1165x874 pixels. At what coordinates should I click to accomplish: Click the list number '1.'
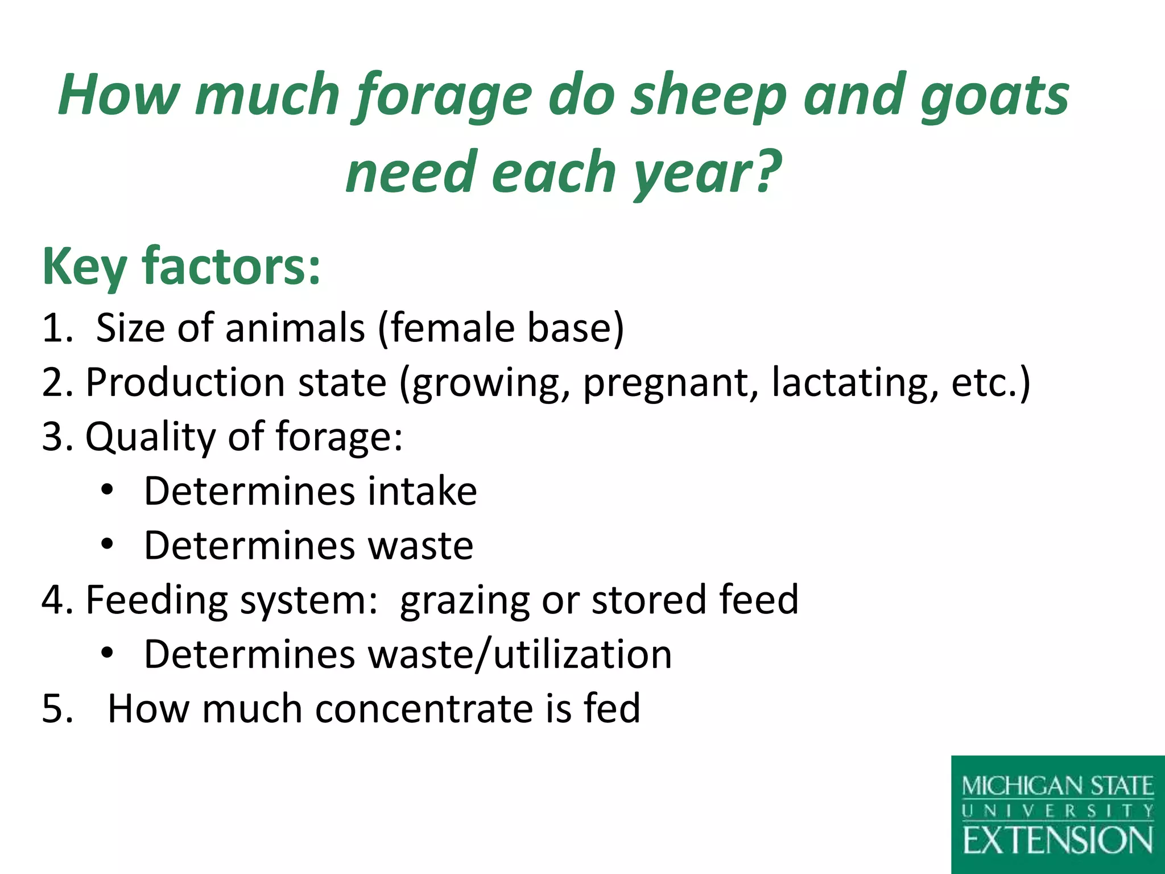[x=57, y=328]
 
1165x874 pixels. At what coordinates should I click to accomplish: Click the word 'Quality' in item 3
[x=151, y=437]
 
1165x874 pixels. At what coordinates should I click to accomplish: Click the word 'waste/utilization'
[x=520, y=654]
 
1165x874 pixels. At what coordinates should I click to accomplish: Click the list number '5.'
[x=57, y=709]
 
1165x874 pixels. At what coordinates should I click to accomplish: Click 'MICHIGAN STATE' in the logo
[x=1057, y=787]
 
